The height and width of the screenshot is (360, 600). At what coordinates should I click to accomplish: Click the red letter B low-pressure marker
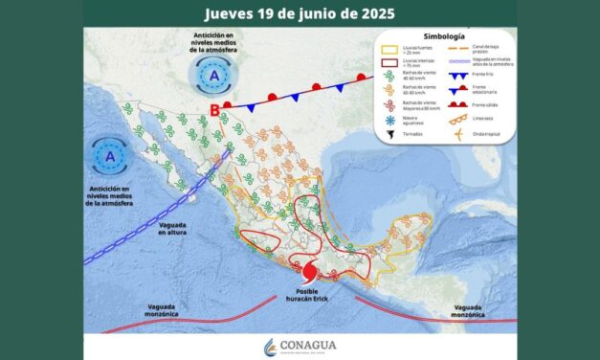tap(214, 110)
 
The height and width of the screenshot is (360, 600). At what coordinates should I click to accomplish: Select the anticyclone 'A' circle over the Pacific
tap(111, 154)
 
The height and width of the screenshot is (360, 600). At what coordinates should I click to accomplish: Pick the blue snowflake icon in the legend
tap(389, 120)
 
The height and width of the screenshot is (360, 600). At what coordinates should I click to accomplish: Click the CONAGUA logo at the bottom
tap(300, 346)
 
